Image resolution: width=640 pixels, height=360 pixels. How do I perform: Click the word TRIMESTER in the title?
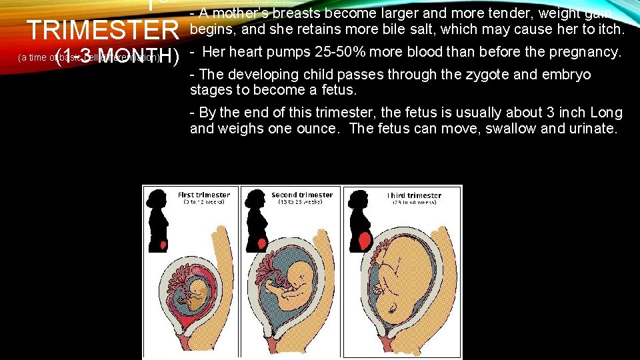[103, 30]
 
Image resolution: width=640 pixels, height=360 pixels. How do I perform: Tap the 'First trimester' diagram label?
[203, 195]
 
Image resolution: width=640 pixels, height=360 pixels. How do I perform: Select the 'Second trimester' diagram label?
[302, 195]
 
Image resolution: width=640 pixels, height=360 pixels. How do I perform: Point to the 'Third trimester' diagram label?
[413, 195]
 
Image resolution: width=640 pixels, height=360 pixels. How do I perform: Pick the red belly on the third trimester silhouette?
[364, 240]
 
